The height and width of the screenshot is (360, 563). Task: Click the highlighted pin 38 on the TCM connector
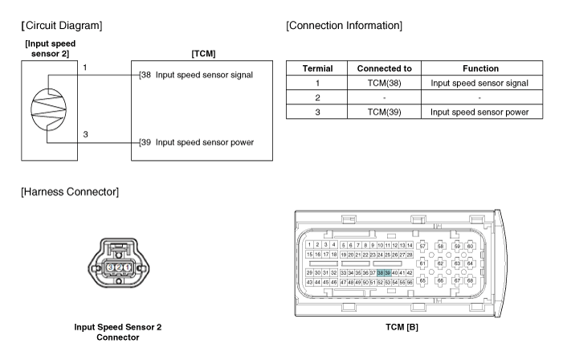(x=381, y=273)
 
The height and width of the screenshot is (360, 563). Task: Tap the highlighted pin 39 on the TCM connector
(x=388, y=273)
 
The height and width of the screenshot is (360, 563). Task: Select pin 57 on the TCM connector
(x=423, y=246)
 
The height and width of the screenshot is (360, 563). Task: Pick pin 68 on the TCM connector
(x=470, y=281)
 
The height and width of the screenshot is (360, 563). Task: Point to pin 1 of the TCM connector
(x=310, y=244)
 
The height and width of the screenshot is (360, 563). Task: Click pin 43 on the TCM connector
(x=310, y=283)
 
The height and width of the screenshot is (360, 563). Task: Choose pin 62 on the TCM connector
(x=439, y=263)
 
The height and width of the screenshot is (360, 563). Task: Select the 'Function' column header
(x=480, y=69)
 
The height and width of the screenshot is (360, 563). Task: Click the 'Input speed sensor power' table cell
(x=480, y=112)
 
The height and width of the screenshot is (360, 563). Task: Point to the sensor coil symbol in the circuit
(x=47, y=105)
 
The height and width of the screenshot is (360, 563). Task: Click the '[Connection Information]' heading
(x=344, y=26)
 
